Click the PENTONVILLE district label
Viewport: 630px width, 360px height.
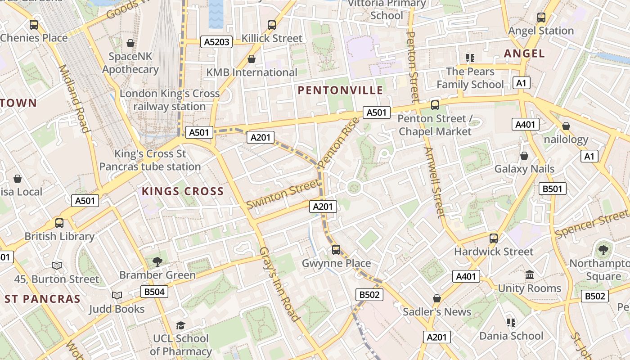point(340,90)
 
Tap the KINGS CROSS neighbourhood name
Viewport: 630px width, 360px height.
point(183,191)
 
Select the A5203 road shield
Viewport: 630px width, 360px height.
point(217,42)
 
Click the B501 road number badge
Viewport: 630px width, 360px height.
point(552,189)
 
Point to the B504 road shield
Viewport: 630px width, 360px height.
point(154,292)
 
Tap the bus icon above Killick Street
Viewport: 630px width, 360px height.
point(272,25)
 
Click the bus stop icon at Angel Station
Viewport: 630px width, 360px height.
point(541,18)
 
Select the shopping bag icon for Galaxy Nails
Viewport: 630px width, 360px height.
point(524,156)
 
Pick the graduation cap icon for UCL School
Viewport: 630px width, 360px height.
point(180,325)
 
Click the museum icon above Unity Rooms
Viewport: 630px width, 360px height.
point(530,274)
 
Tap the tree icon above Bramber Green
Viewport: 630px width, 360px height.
point(157,261)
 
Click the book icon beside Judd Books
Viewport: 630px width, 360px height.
point(117,296)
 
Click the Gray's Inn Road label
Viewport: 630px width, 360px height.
point(279,284)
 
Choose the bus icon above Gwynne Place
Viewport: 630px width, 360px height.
point(336,250)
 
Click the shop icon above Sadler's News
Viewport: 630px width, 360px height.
point(436,298)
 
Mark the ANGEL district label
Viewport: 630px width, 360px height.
point(524,54)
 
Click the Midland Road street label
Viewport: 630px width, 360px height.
point(73,99)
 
